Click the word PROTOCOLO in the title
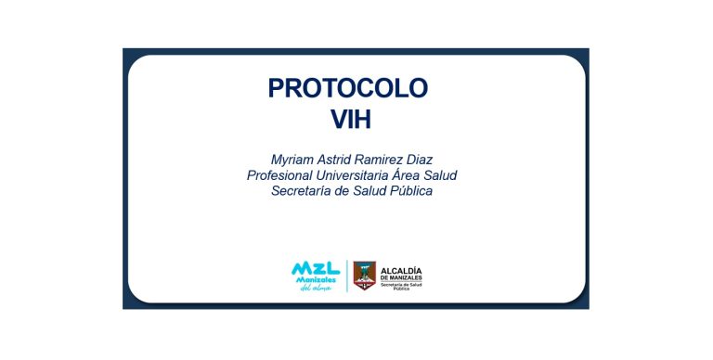point(348,88)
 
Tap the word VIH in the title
point(351,119)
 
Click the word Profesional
point(279,175)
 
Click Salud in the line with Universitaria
point(440,175)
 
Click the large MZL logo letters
point(316,268)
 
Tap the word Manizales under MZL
point(316,280)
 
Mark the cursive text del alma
point(316,288)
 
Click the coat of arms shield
point(365,276)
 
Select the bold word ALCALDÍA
point(401,271)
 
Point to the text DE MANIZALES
point(401,278)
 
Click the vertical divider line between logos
point(347,276)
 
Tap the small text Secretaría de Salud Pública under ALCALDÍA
point(401,287)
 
